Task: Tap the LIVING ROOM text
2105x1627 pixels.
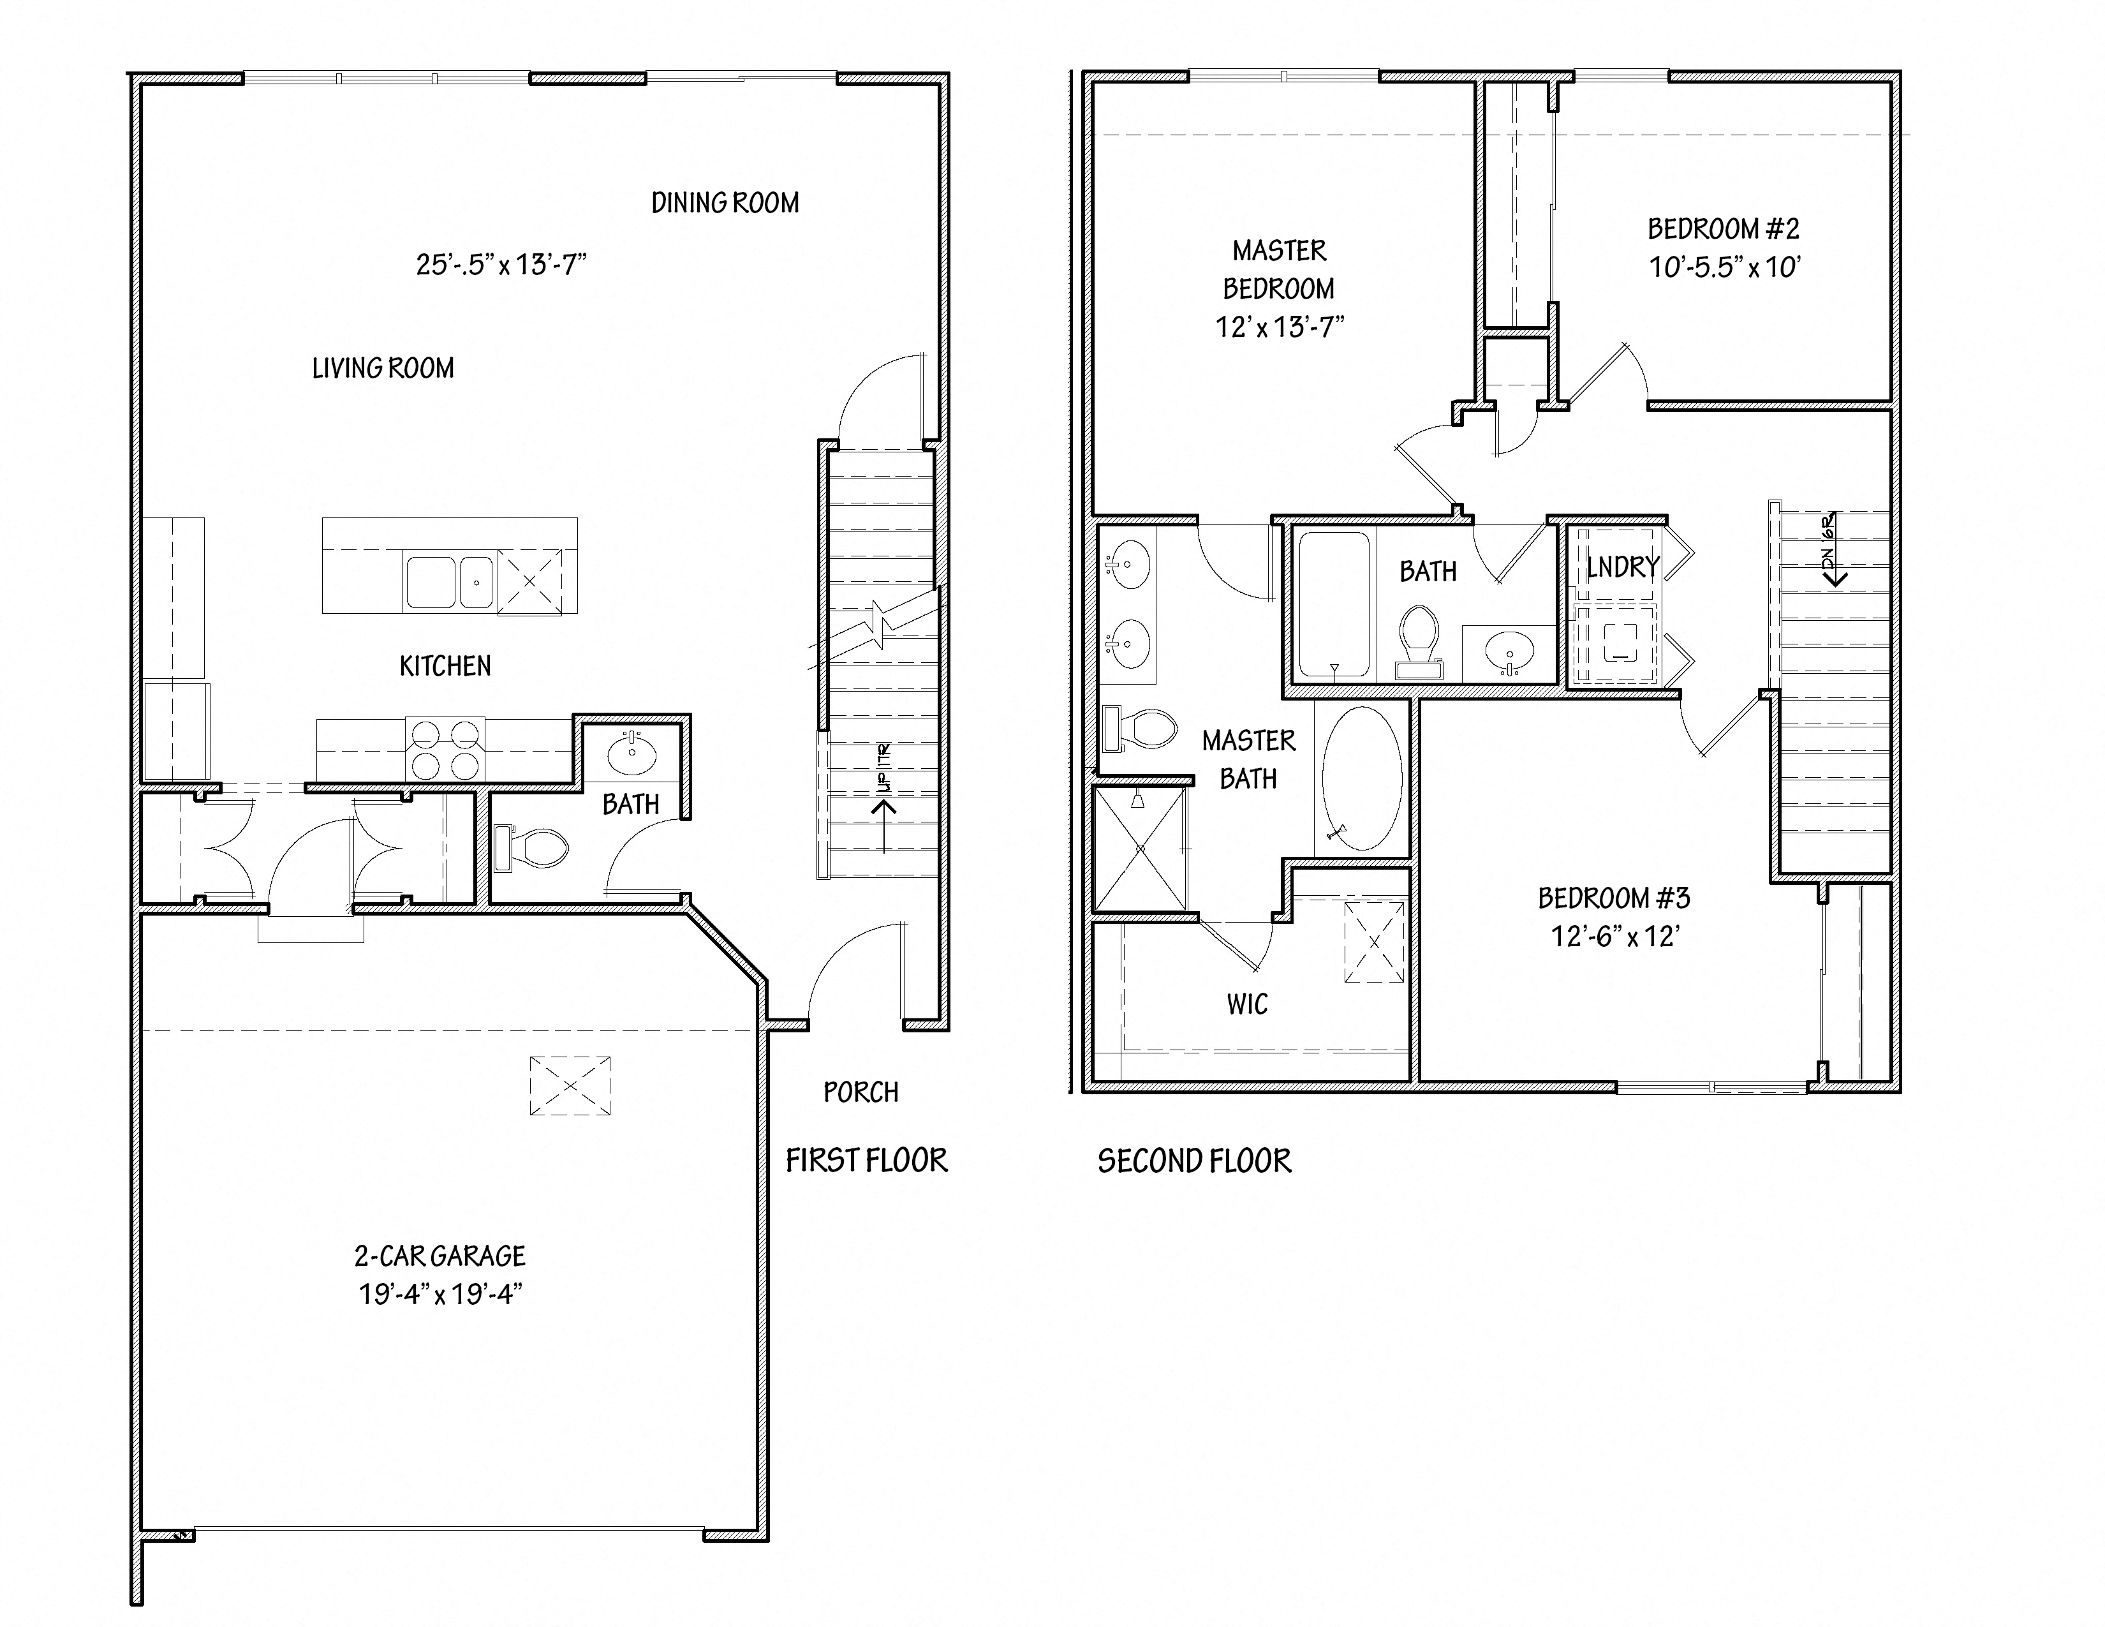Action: (383, 368)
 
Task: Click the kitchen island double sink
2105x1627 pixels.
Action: (449, 582)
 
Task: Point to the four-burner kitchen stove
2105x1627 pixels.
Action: (445, 750)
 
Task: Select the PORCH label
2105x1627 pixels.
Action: (860, 1092)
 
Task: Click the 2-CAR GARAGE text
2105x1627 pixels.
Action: (439, 1256)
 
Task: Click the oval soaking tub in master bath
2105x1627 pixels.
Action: (1362, 778)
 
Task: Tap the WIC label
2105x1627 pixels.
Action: (1247, 1004)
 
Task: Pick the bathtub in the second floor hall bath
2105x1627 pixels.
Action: (1334, 604)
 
